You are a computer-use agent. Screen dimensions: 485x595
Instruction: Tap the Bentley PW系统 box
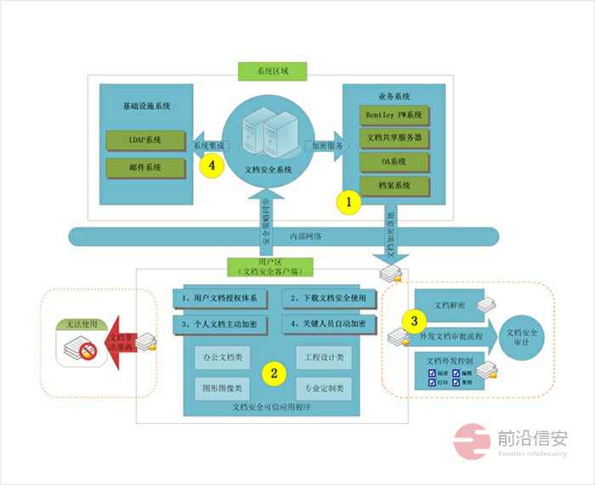[394, 115]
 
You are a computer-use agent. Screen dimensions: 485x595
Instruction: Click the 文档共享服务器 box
[394, 137]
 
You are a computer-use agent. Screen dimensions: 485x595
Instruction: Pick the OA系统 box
[394, 161]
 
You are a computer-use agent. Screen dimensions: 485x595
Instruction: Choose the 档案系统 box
[394, 185]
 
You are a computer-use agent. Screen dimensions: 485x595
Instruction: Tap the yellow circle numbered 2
[274, 372]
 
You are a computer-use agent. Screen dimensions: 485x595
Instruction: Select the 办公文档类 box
[220, 357]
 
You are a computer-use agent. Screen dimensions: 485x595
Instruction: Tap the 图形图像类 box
[220, 389]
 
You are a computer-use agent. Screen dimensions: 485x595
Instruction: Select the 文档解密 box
[448, 304]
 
